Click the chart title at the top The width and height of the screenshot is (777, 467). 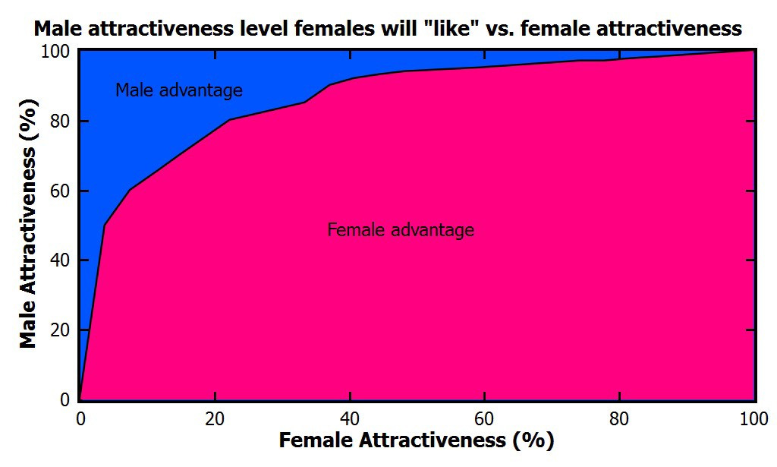click(x=387, y=30)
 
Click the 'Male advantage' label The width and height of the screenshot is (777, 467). click(x=179, y=90)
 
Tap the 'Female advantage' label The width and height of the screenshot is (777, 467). click(x=401, y=229)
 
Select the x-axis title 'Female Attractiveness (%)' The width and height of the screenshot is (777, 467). click(x=417, y=440)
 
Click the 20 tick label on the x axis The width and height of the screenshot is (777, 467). click(x=215, y=418)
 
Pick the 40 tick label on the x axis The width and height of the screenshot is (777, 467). click(x=350, y=418)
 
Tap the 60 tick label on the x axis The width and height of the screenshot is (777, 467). click(x=485, y=418)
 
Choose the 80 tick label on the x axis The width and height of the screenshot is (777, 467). click(x=620, y=418)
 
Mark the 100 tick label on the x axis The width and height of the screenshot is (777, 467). click(x=753, y=418)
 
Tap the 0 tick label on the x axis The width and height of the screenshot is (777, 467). click(x=80, y=418)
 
